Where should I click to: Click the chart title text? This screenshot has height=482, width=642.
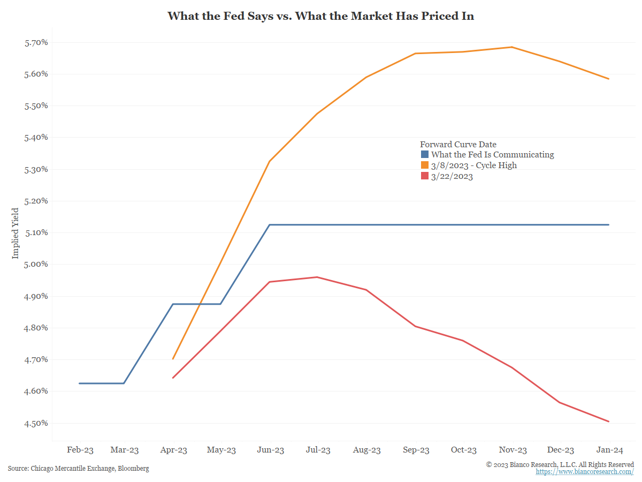click(x=321, y=16)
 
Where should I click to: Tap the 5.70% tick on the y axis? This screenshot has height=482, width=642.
click(x=36, y=42)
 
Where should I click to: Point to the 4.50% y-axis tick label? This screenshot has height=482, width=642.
click(x=36, y=423)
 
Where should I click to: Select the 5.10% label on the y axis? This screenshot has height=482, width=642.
click(x=36, y=232)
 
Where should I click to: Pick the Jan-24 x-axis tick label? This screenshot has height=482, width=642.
click(x=608, y=450)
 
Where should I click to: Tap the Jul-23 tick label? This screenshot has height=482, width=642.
click(x=318, y=450)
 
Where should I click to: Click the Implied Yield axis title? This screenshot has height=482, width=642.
click(x=16, y=233)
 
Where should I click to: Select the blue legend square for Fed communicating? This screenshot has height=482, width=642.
click(x=424, y=155)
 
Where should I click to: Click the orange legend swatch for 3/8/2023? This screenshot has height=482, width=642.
click(x=424, y=165)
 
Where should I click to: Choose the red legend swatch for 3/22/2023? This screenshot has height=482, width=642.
click(x=424, y=176)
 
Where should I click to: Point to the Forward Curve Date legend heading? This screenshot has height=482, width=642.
click(x=458, y=144)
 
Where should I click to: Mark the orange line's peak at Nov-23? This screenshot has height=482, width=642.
click(x=512, y=47)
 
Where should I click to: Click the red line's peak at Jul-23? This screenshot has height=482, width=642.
click(x=317, y=277)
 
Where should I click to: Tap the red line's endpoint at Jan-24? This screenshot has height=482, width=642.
click(x=608, y=421)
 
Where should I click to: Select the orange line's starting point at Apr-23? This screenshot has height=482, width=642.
click(x=173, y=359)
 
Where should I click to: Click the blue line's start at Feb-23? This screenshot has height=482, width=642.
click(x=80, y=383)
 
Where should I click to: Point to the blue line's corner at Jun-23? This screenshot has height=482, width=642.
click(x=270, y=225)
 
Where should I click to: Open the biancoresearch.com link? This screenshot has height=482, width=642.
click(x=585, y=472)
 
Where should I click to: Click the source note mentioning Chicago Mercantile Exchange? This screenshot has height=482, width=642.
click(x=78, y=469)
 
